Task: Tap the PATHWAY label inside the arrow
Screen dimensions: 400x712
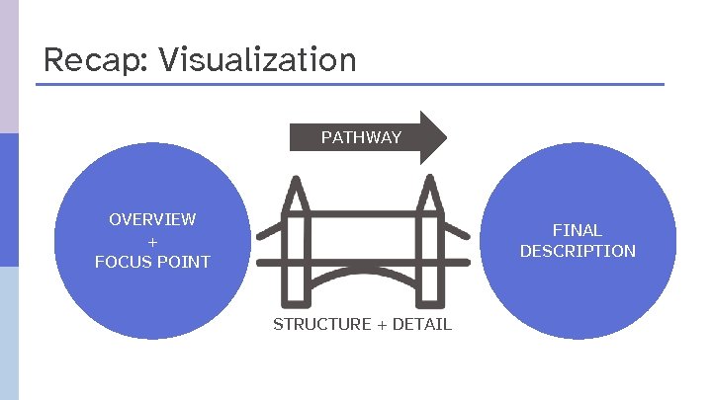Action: pos(361,137)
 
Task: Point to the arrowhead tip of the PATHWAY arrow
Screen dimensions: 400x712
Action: pos(446,137)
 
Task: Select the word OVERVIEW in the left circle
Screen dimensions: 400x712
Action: pos(152,219)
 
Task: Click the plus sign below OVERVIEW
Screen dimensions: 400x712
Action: pos(152,241)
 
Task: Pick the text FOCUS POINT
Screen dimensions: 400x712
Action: pos(152,262)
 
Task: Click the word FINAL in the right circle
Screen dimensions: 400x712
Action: pos(578,230)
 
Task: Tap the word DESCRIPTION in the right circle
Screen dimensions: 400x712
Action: pos(578,251)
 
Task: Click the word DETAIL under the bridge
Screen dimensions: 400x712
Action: pos(424,324)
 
